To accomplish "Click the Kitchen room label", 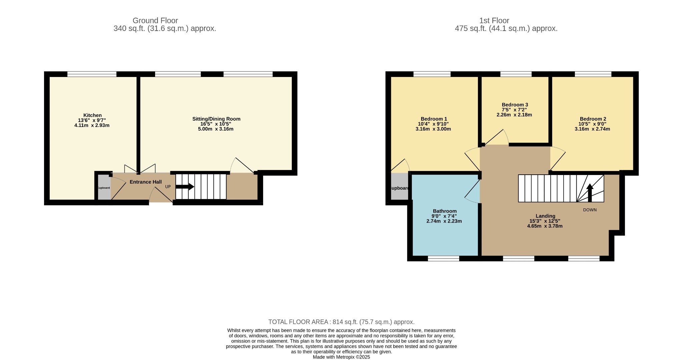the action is click(x=92, y=115).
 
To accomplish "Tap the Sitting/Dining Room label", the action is click(x=216, y=119).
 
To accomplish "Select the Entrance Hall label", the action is click(x=146, y=182).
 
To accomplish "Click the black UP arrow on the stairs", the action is click(x=185, y=187).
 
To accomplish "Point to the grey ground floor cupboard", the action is click(x=104, y=187).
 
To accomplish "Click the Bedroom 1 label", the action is click(x=434, y=119).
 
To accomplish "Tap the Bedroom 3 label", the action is click(x=515, y=105).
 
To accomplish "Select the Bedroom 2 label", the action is click(x=593, y=119).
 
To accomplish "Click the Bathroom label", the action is click(x=445, y=211).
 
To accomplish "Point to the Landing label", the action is click(x=545, y=216).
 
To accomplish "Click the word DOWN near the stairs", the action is click(x=590, y=210).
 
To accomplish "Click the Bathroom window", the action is click(x=443, y=258).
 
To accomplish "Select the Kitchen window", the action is click(x=92, y=74).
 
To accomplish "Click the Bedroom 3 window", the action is click(x=516, y=74).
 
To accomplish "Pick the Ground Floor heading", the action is click(x=155, y=21).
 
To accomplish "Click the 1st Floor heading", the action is click(x=494, y=21).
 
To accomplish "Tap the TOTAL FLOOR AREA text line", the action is click(x=341, y=322).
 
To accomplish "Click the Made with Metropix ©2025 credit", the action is click(x=341, y=357).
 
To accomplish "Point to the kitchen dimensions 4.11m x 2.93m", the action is click(x=92, y=125).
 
